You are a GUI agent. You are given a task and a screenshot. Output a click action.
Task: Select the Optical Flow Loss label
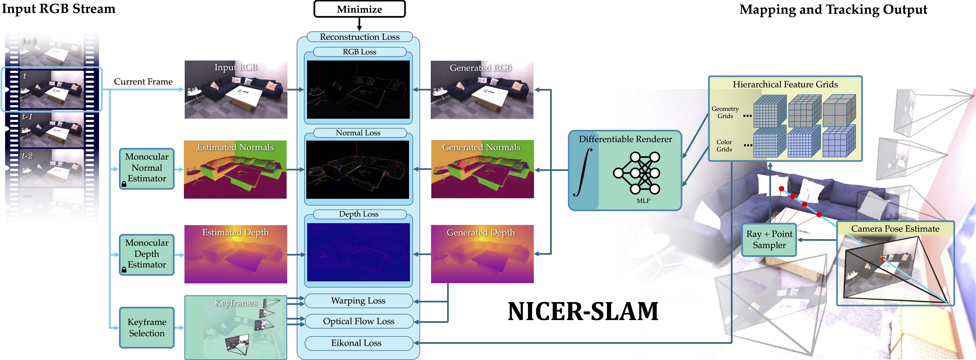[358, 321]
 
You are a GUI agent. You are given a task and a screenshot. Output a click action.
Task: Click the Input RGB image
[236, 89]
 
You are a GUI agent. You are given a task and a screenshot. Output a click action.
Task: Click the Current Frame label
[143, 82]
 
